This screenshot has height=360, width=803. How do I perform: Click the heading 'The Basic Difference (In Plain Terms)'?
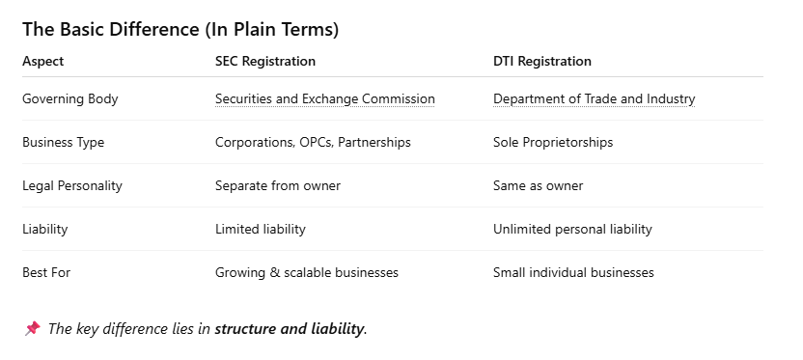click(180, 30)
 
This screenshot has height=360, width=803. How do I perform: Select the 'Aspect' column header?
click(43, 62)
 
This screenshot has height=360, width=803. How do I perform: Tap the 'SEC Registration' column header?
click(265, 62)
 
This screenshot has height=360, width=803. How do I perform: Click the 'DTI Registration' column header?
click(541, 62)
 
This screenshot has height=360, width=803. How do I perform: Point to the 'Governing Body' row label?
click(70, 98)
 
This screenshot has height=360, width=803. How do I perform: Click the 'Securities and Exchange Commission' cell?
click(324, 98)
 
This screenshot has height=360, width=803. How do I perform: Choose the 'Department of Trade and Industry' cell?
click(595, 98)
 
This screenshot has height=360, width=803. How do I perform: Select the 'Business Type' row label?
click(63, 143)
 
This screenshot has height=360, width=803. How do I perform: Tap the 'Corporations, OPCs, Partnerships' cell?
click(313, 143)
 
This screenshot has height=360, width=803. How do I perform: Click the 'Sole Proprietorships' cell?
click(553, 143)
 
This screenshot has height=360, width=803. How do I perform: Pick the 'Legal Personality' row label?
click(72, 186)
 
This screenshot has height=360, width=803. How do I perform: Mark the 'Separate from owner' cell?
click(278, 186)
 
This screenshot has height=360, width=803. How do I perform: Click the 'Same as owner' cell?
click(538, 186)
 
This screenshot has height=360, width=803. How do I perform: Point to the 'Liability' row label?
click(45, 229)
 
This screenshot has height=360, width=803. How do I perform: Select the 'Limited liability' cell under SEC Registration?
click(261, 229)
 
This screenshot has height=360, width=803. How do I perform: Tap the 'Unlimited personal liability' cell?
click(572, 229)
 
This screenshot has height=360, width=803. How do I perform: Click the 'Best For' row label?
click(46, 272)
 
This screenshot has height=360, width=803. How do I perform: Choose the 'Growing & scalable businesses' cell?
click(307, 272)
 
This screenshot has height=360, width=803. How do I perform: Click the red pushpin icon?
click(32, 328)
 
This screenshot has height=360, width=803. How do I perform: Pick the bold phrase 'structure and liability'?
click(290, 329)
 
